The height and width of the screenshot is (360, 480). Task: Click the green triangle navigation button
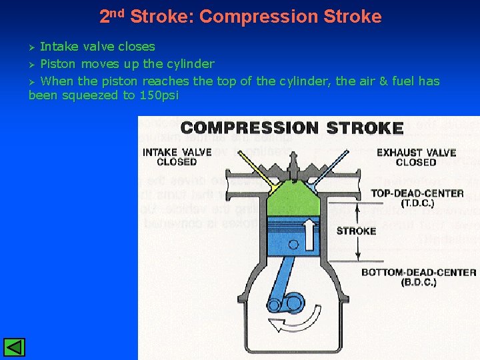14,347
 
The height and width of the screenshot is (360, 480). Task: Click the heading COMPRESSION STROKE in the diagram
292,128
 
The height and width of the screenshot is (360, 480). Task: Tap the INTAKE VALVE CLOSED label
177,157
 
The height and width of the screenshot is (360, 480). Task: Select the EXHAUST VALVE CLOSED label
416,157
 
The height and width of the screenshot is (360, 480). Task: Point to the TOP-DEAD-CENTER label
417,193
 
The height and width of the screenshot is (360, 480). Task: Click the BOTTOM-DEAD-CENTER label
419,272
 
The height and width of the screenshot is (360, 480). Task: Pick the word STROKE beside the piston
356,231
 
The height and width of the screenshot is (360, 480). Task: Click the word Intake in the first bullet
57,47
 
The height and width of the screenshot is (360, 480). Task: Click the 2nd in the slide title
112,16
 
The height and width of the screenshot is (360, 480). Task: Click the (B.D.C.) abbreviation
419,282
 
